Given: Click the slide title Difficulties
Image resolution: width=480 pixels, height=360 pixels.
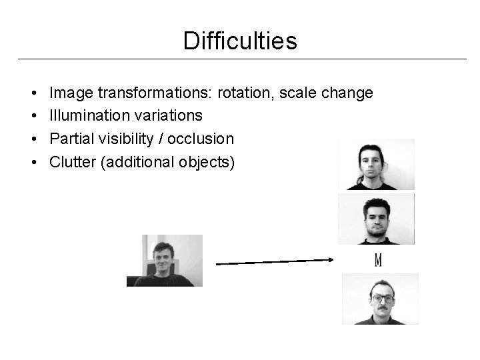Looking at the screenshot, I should [240, 41].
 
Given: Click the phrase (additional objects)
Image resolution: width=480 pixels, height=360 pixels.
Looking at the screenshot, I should [167, 162].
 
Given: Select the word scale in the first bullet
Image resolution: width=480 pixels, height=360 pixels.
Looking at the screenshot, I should [300, 93].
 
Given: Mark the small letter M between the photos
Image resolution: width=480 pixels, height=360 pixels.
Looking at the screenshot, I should [378, 259].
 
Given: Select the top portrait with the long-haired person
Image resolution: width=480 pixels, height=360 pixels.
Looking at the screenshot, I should [376, 165].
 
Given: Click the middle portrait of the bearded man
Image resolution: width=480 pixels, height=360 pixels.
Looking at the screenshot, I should [376, 218].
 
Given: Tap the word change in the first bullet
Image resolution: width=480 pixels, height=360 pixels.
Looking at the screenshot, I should [347, 93].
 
